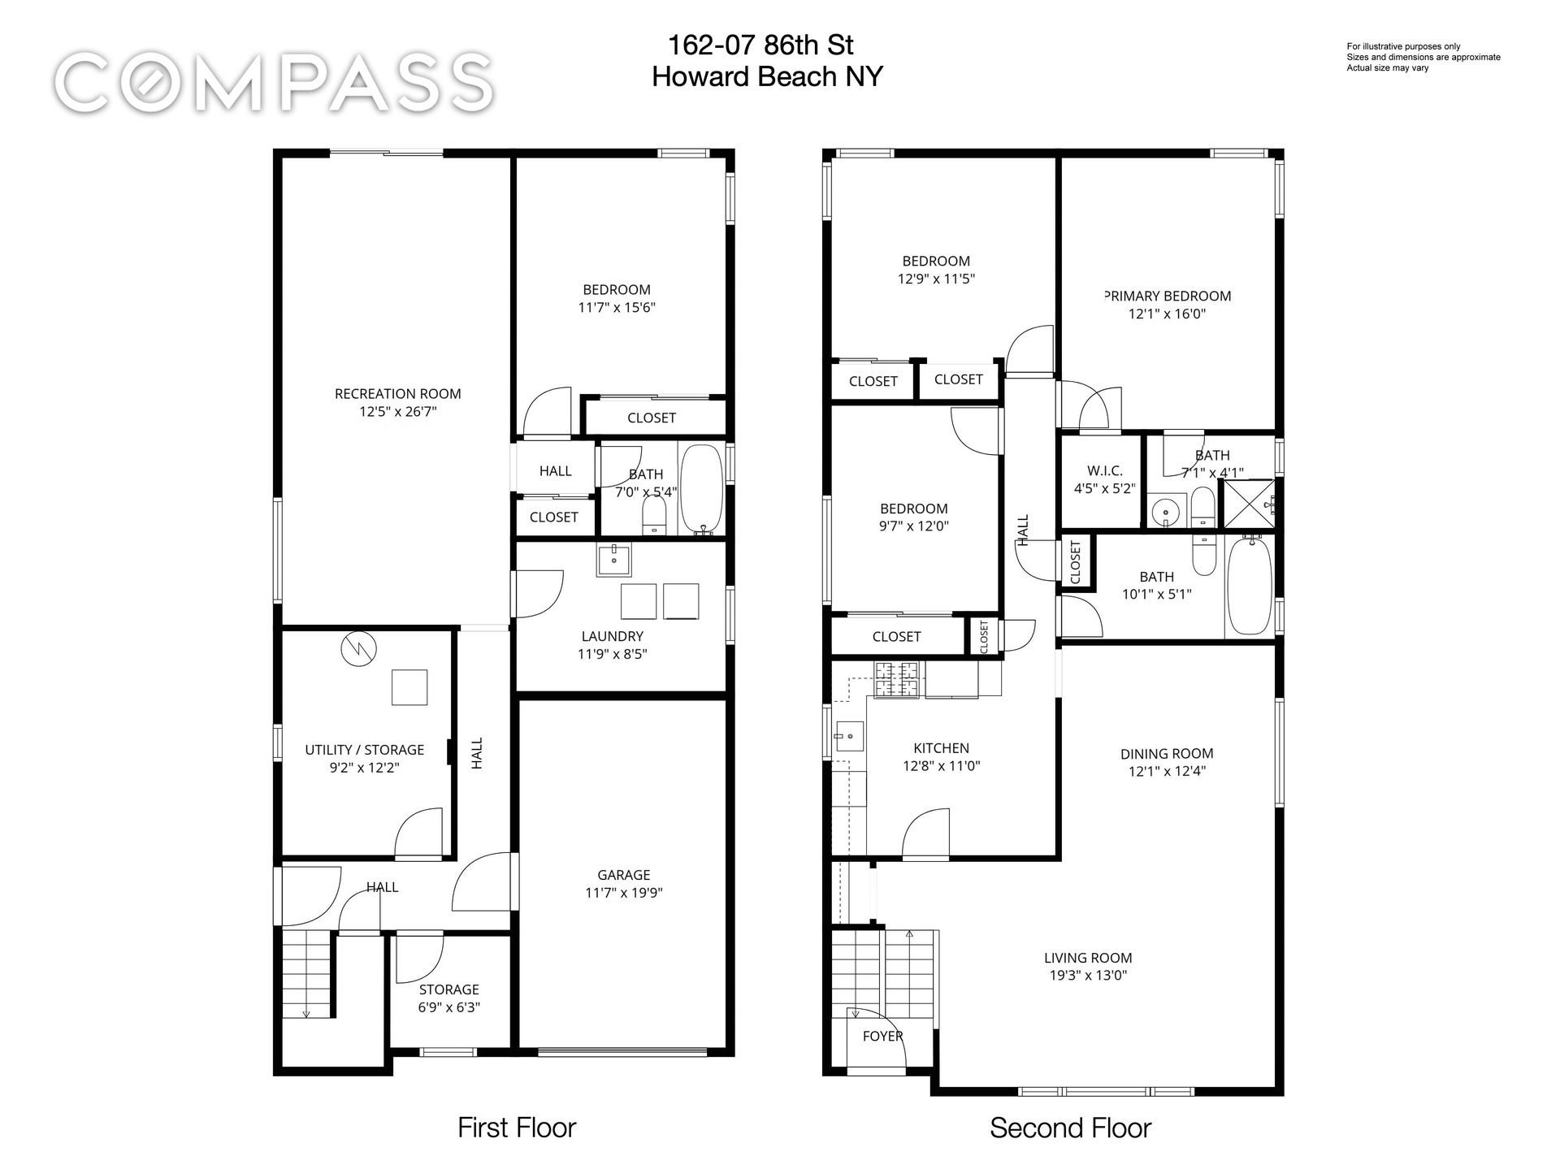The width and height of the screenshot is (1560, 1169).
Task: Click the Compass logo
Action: [275, 82]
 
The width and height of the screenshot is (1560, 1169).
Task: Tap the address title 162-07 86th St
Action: [760, 45]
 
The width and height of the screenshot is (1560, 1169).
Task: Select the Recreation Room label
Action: [397, 394]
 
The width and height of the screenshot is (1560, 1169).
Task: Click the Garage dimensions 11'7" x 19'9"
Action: [623, 893]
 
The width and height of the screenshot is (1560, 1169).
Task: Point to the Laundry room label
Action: [612, 637]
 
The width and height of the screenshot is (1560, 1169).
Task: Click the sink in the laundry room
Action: [613, 561]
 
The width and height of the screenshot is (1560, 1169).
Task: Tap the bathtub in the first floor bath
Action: [700, 489]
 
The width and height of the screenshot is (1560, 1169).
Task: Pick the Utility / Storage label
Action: [364, 750]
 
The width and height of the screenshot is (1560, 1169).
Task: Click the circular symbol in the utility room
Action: [358, 649]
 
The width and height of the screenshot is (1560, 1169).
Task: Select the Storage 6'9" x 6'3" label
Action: [448, 998]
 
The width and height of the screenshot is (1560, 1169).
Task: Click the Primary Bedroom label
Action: [1168, 297]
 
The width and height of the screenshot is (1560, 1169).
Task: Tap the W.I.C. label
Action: [1104, 471]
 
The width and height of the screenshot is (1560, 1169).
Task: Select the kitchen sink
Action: [848, 736]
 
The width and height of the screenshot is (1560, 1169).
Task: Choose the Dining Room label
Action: [1167, 754]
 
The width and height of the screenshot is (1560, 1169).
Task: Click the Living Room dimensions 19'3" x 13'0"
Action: [1088, 976]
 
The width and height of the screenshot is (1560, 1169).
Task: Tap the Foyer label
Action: [882, 1037]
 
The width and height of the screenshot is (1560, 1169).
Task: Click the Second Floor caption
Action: [1070, 1128]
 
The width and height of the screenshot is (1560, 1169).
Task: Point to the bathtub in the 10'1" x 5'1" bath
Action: [1249, 586]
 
